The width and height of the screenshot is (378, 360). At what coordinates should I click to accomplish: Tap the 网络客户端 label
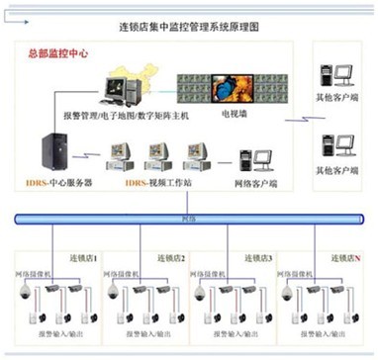tap(256, 185)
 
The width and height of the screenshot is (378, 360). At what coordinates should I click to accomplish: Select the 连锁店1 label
tap(82, 256)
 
